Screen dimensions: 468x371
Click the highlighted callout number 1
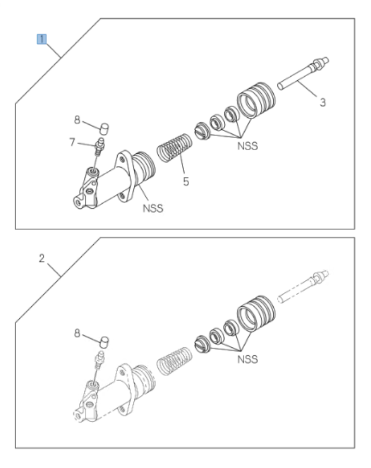[41, 39]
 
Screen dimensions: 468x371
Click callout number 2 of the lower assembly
[41, 259]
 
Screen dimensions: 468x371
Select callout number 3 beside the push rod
[322, 103]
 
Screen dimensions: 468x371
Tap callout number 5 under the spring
[186, 182]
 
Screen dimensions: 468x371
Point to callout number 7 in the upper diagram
[73, 141]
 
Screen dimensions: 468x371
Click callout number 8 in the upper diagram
[77, 120]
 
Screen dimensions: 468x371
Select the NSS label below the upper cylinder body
[153, 208]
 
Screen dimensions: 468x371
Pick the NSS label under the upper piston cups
[247, 146]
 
